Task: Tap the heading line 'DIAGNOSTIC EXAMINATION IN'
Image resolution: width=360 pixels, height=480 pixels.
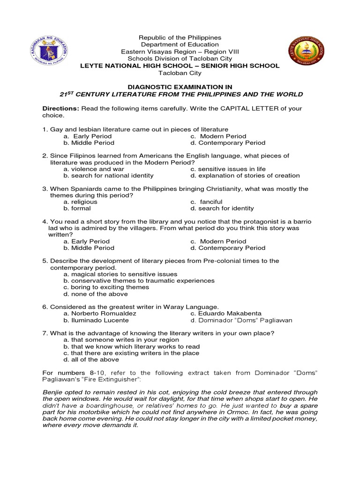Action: tap(180, 87)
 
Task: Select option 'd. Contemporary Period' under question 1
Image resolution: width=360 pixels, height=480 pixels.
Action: tap(228, 142)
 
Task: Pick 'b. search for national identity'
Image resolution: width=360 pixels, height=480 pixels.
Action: tap(108, 175)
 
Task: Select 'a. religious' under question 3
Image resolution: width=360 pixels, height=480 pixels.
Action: tap(81, 202)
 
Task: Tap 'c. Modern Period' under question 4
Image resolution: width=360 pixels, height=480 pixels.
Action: tap(218, 241)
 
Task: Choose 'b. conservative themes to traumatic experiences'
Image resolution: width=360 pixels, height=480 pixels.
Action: tap(139, 281)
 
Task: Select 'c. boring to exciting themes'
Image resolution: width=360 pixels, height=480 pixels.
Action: tap(106, 287)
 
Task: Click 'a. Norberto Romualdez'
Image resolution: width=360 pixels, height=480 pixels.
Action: tap(100, 313)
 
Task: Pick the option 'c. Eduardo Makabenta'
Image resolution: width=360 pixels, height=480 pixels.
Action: tap(226, 313)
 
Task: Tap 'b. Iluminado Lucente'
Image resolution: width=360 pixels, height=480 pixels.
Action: tap(96, 320)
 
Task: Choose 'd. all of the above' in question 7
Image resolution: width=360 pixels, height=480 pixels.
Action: tap(91, 360)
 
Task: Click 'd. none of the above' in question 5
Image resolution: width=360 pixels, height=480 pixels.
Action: tap(96, 294)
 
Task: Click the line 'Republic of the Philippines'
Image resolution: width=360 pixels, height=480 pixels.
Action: tap(180, 37)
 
